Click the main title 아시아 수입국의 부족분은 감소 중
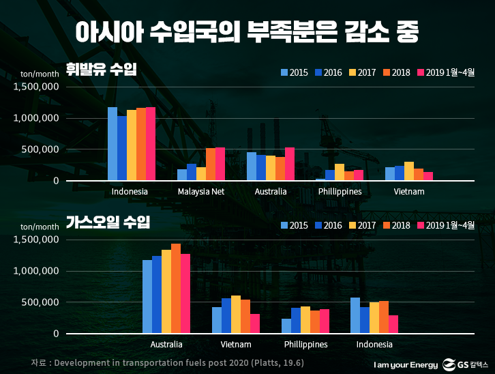247,31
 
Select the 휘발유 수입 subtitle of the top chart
102,69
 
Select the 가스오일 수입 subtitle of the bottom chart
108,222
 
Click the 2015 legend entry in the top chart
294,72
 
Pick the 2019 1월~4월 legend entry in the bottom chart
445,225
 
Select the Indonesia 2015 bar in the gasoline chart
112,144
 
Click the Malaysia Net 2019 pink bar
220,164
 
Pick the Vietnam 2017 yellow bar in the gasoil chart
235,315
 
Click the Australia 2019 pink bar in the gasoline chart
290,164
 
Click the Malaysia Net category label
200,192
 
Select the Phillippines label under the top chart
340,192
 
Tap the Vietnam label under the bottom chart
236,345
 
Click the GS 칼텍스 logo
466,363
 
